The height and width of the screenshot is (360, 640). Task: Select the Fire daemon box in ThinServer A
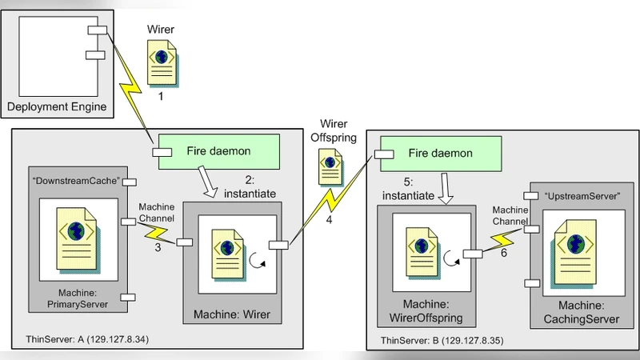pyautogui.click(x=216, y=151)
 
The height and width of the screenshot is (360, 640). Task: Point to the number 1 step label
pyautogui.click(x=161, y=94)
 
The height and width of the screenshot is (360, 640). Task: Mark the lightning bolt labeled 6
pyautogui.click(x=502, y=238)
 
